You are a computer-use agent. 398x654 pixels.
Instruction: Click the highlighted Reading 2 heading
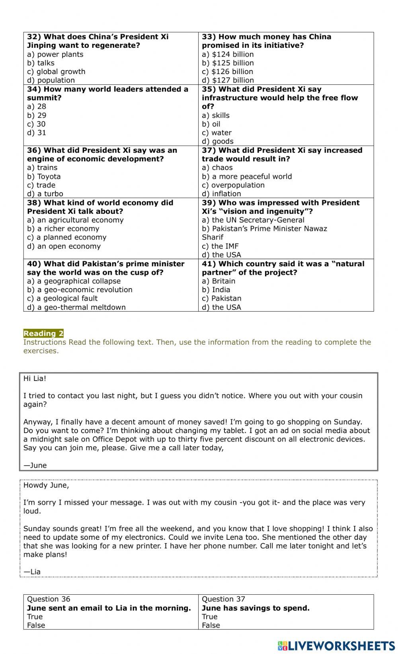pos(43,334)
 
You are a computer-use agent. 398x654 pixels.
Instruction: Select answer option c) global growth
pos(56,72)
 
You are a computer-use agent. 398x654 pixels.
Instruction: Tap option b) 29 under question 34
pos(37,115)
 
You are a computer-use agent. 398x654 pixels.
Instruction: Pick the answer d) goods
pos(217,141)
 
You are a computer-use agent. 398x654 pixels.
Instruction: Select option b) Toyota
pos(44,176)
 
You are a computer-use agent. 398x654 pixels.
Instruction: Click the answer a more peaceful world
pos(247,176)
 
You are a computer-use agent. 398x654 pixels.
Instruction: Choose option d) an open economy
pos(64,246)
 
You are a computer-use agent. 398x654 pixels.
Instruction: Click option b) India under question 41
pos(216,290)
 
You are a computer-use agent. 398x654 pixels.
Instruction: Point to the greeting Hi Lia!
pos(35,379)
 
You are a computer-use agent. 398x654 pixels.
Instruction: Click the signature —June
pos(35,465)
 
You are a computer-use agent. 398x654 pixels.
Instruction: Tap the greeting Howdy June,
pos(46,485)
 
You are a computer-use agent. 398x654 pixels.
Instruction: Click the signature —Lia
pos(32,572)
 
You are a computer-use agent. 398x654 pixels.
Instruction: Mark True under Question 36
pos(35,617)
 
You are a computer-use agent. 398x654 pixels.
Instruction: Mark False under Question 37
pos(211,625)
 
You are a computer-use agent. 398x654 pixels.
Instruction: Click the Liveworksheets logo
pos(336,646)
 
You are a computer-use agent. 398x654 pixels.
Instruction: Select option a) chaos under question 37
pos(217,168)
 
